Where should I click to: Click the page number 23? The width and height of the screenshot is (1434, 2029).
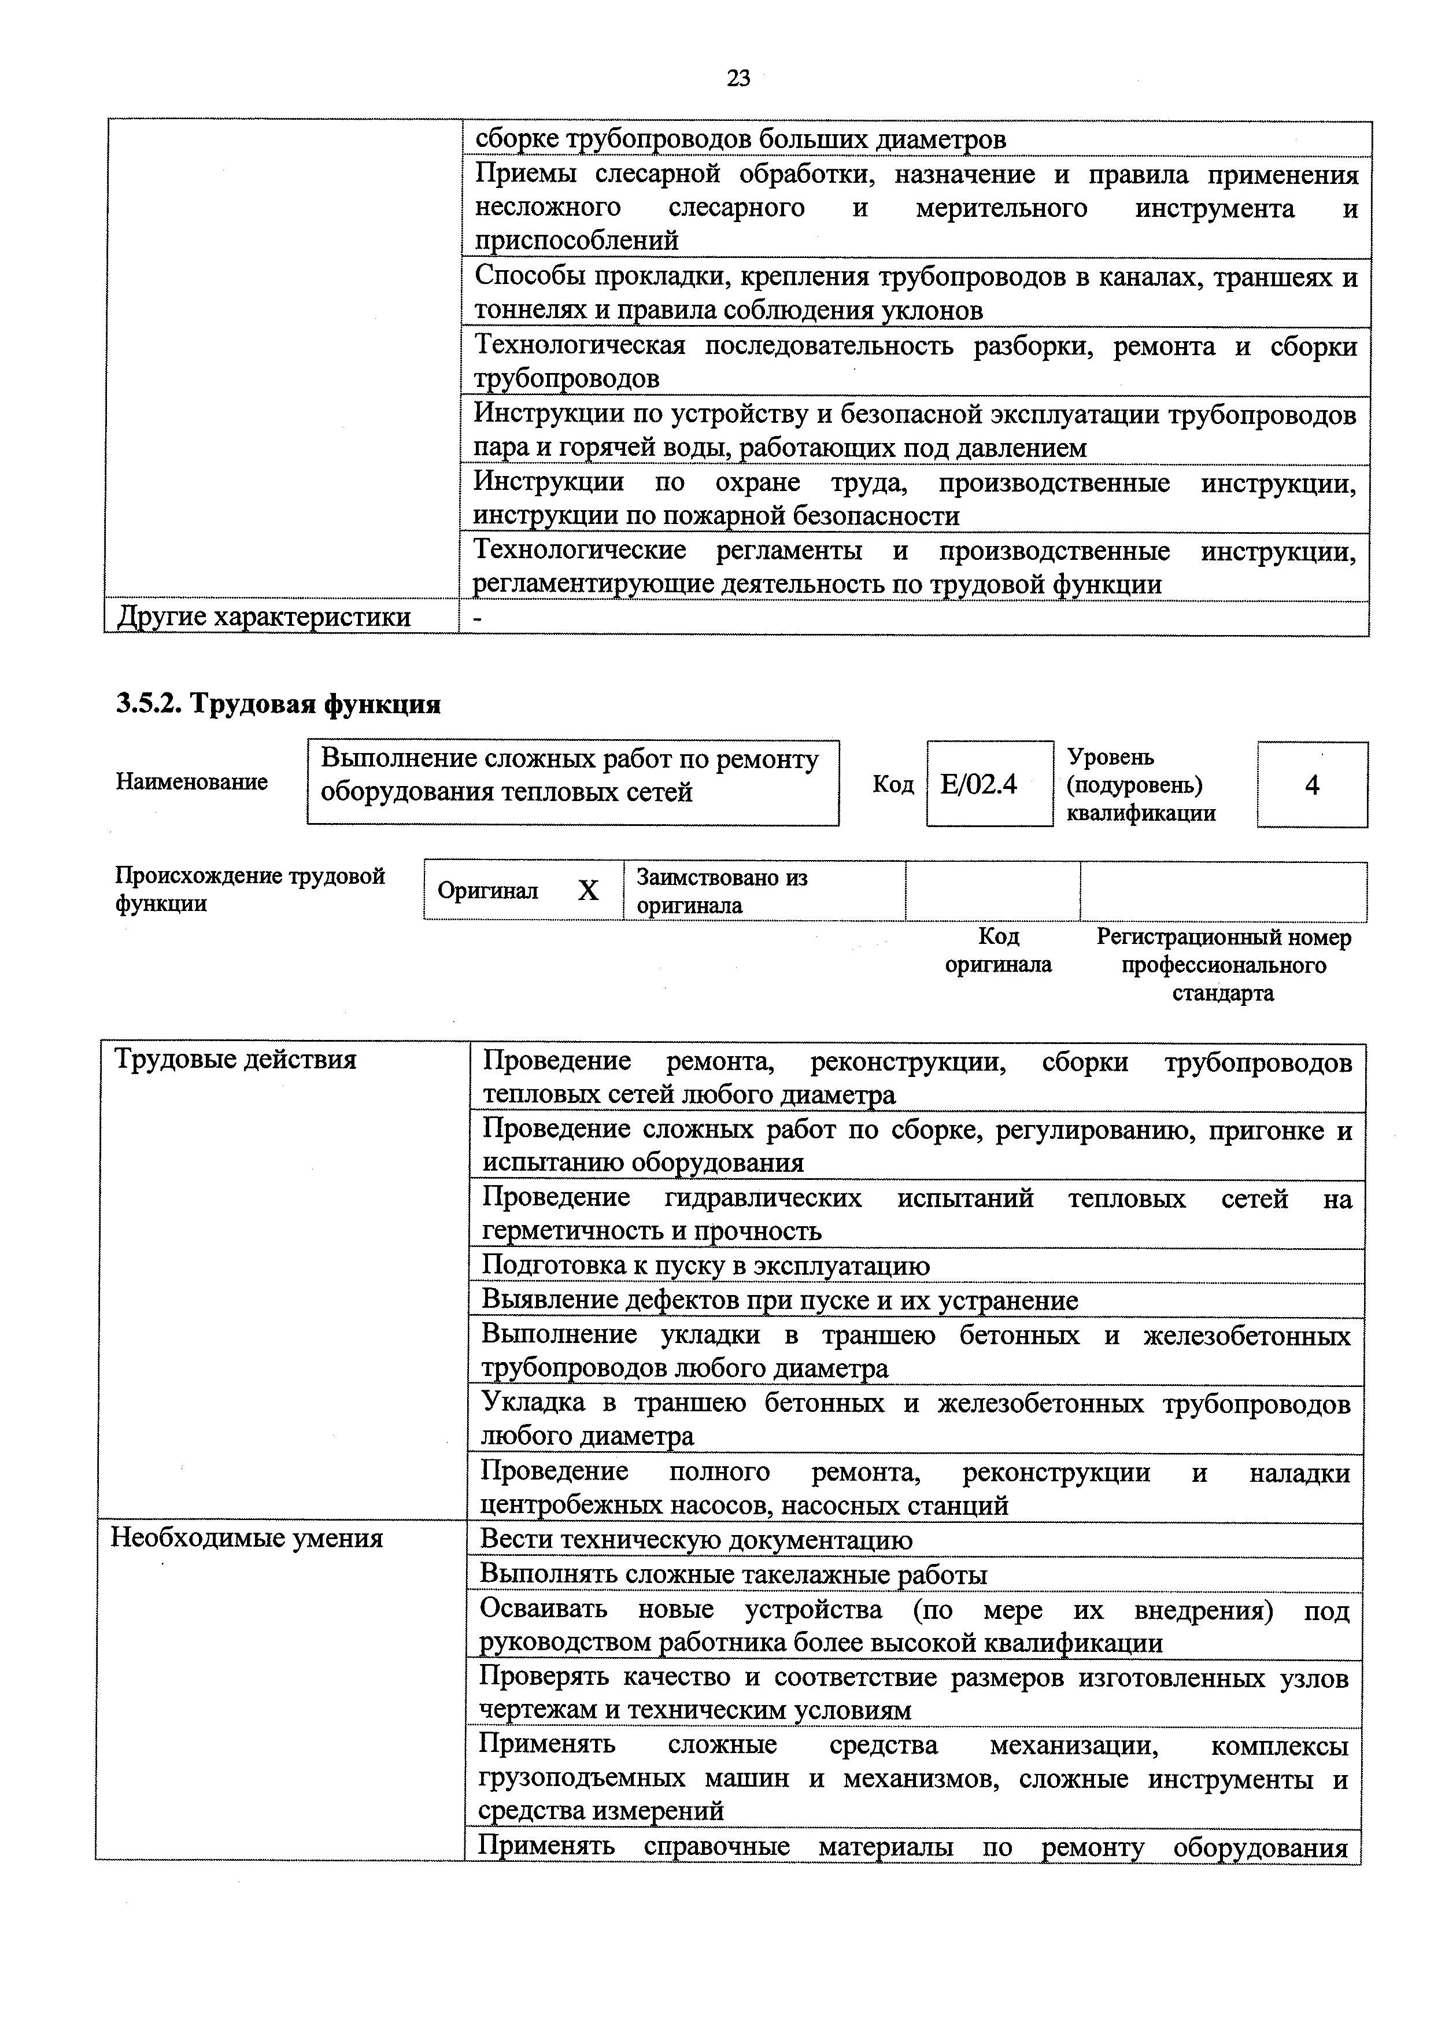pos(738,79)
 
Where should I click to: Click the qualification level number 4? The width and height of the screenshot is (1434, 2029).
pos(1311,784)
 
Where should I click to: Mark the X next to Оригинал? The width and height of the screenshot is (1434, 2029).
pos(587,891)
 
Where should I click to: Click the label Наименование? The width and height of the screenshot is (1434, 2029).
pos(192,782)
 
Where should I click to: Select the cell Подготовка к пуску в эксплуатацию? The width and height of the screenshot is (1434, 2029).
pos(705,1266)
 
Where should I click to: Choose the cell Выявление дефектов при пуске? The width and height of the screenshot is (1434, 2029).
pos(779,1300)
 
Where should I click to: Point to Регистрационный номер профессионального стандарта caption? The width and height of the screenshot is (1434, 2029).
pos(1223,964)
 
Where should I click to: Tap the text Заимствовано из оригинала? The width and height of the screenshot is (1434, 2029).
pos(721,891)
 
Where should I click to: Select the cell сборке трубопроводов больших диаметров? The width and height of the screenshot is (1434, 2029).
pos(740,139)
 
